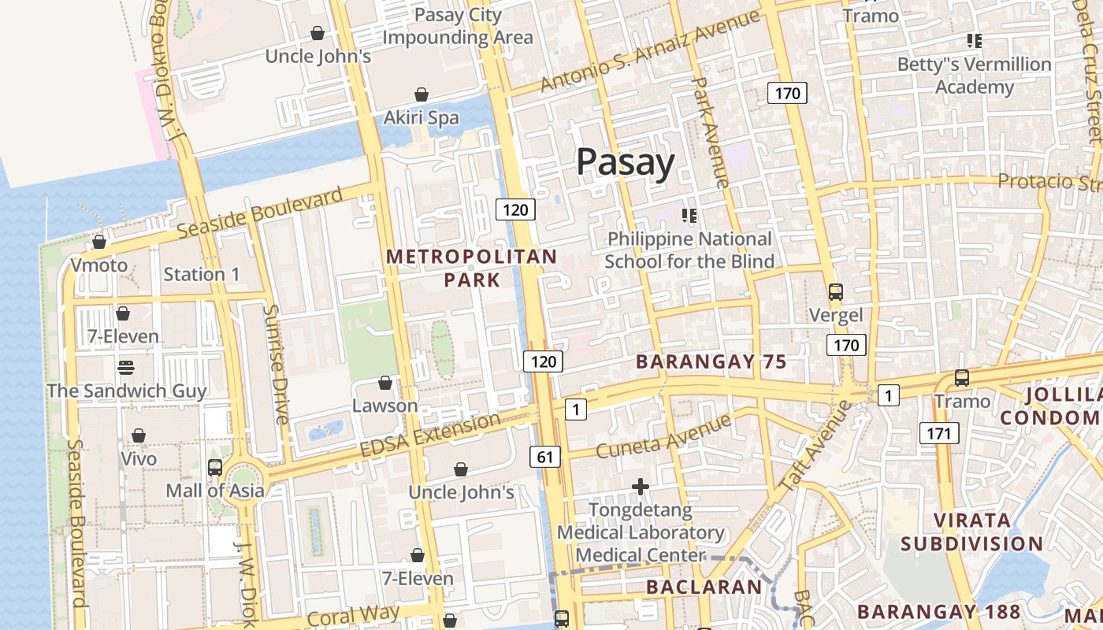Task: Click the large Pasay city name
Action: click(626, 162)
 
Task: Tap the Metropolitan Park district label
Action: click(471, 268)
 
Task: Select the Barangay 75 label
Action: click(711, 361)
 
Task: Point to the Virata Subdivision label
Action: click(971, 532)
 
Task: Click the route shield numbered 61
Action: click(545, 456)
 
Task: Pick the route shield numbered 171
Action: click(938, 432)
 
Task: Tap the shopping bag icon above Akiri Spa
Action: click(422, 94)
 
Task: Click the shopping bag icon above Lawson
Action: click(385, 383)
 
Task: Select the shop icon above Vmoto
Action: click(99, 242)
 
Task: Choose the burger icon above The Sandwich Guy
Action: click(126, 367)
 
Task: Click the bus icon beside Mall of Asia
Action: click(215, 467)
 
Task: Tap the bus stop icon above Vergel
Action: click(836, 292)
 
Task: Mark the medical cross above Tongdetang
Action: click(641, 487)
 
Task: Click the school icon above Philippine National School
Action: click(689, 215)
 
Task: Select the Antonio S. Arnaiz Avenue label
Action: click(649, 52)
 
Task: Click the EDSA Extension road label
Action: click(429, 435)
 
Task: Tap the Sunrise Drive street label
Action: click(277, 365)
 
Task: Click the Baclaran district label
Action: click(704, 587)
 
